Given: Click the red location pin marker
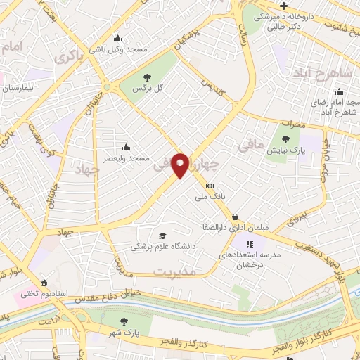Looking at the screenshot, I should click(x=181, y=165).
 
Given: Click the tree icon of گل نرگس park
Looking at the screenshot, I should click(x=146, y=78).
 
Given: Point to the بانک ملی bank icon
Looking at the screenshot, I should click(x=210, y=186).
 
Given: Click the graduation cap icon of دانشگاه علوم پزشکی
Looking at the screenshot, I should click(x=163, y=236).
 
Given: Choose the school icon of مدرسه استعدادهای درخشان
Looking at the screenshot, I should click(x=249, y=243).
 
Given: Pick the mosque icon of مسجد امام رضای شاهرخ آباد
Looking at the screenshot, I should click(x=340, y=91).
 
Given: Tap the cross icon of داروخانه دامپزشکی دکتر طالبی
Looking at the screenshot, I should click(x=283, y=6).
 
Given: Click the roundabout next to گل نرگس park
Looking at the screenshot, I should click(x=106, y=87).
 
